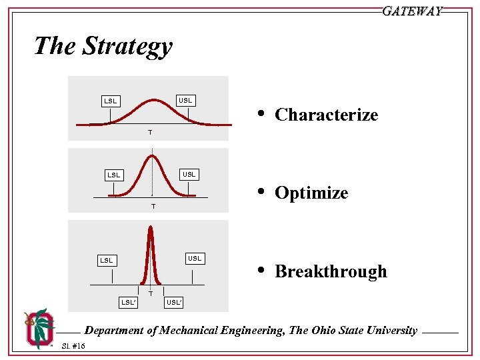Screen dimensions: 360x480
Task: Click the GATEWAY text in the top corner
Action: pyautogui.click(x=412, y=11)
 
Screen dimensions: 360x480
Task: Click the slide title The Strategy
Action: pyautogui.click(x=103, y=47)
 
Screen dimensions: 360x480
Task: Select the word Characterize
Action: pyautogui.click(x=326, y=115)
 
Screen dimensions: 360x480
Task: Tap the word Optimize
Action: pyautogui.click(x=311, y=193)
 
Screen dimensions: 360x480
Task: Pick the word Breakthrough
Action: pyautogui.click(x=331, y=272)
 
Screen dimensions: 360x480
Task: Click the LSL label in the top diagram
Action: pyautogui.click(x=111, y=101)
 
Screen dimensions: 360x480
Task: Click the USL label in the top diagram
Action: pyautogui.click(x=185, y=101)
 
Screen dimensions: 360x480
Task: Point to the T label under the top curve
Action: pyautogui.click(x=149, y=133)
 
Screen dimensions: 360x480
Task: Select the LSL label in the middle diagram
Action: pyautogui.click(x=115, y=175)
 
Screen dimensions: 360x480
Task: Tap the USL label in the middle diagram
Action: pyautogui.click(x=189, y=175)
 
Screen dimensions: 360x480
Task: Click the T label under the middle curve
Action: pyautogui.click(x=153, y=207)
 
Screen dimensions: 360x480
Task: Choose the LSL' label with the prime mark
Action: pyautogui.click(x=129, y=303)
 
